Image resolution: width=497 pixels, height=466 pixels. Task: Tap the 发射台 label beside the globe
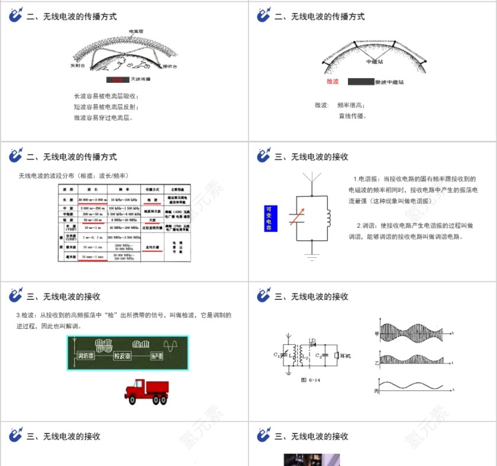[79, 66]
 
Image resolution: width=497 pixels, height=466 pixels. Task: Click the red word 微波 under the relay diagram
[333, 82]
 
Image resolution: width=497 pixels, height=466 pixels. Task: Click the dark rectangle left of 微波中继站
[360, 82]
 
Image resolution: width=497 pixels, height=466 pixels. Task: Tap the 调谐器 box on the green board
[88, 356]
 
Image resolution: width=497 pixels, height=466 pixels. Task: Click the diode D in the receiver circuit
[313, 343]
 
